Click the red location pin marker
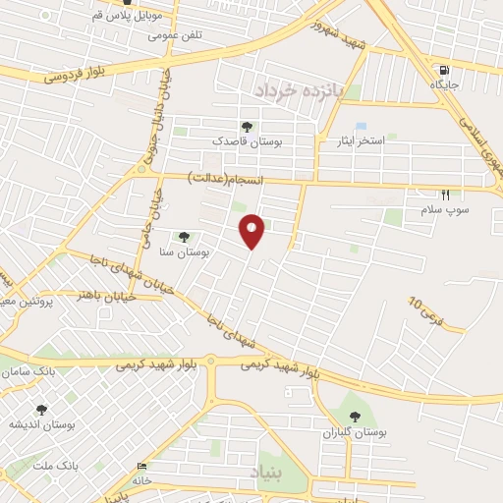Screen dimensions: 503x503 click(252, 230)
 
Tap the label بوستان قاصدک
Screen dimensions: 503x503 click(247, 141)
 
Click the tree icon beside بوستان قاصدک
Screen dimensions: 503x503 click(246, 127)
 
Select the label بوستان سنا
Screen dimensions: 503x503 click(185, 252)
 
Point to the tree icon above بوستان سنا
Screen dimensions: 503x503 click(184, 237)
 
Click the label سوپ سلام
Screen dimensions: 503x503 click(446, 210)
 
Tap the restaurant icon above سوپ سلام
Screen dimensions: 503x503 click(445, 196)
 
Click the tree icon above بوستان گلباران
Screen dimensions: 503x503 click(355, 416)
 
